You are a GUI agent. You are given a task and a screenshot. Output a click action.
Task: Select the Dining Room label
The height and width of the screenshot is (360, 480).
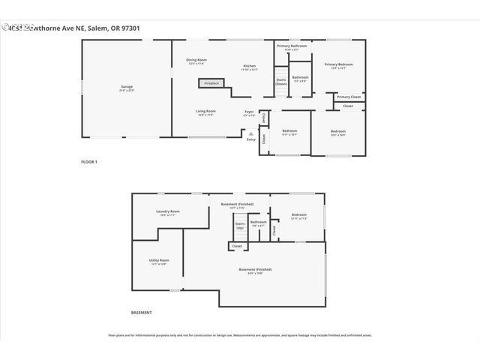[x=196, y=61]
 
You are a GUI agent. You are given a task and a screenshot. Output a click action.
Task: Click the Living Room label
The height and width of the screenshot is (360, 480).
[x=206, y=112]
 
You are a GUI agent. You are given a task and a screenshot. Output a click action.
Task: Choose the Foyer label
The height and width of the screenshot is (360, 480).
[x=250, y=113]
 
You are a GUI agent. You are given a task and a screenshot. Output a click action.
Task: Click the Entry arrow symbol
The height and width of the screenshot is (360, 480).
[x=250, y=131]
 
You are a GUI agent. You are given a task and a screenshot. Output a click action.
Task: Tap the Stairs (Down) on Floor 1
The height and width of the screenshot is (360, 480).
[x=281, y=82]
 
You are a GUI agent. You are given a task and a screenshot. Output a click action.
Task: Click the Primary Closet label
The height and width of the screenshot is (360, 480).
[x=349, y=97]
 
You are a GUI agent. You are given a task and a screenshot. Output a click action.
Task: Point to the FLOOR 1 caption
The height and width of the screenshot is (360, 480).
[x=89, y=162]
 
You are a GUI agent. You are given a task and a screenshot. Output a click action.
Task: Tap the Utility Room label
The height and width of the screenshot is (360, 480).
[x=158, y=262]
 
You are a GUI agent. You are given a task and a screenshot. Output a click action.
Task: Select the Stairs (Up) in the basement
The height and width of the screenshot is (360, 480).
[x=240, y=226]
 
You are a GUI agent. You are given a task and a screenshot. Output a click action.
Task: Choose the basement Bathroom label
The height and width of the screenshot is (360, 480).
[x=259, y=223]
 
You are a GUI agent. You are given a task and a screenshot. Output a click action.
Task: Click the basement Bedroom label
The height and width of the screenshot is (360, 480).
[x=298, y=216]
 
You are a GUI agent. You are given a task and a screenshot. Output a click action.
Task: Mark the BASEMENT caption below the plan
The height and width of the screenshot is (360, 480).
[x=142, y=312]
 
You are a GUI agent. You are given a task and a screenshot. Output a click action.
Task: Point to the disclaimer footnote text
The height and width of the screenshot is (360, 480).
[x=240, y=335]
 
